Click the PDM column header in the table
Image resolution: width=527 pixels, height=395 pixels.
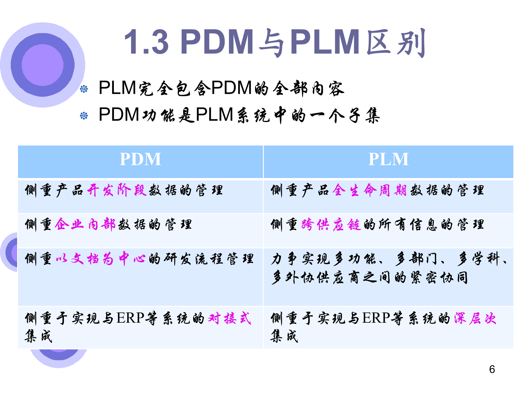[x=140, y=159]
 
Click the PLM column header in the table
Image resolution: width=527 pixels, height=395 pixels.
[x=388, y=159]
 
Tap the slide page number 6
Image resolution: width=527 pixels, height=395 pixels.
[x=492, y=369]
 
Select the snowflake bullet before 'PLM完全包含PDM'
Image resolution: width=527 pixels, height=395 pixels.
[x=84, y=89]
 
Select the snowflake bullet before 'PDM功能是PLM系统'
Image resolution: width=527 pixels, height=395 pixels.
[x=84, y=116]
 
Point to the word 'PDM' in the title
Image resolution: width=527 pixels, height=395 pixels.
[x=217, y=42]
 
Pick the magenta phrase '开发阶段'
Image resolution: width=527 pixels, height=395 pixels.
[x=117, y=191]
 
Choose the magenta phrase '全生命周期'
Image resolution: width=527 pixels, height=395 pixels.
[x=370, y=191]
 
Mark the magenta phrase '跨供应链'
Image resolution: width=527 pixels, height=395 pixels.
[x=331, y=225]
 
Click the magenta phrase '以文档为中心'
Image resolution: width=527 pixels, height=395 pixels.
[x=101, y=258]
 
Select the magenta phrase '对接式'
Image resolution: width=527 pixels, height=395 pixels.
[x=230, y=318]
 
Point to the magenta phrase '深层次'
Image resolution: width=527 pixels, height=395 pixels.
[x=475, y=318]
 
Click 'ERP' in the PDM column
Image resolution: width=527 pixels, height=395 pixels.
[x=130, y=318]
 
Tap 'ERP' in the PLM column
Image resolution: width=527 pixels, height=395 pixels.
[x=376, y=318]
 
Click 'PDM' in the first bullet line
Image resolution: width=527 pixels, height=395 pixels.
[x=232, y=88]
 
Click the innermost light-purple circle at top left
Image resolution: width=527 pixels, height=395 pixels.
[x=43, y=65]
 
